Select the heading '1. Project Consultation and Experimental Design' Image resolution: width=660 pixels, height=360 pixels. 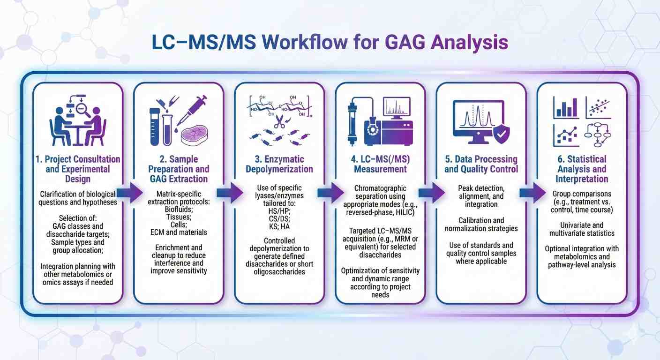pyautogui.click(x=78, y=169)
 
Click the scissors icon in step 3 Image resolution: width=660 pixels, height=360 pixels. pyautogui.click(x=280, y=123)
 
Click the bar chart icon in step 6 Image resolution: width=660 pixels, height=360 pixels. pyautogui.click(x=566, y=107)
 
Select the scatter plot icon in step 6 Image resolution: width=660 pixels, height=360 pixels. pyautogui.click(x=598, y=107)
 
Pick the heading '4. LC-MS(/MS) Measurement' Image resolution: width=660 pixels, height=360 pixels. pyautogui.click(x=380, y=164)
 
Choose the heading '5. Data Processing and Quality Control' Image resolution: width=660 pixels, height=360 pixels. pyautogui.click(x=481, y=164)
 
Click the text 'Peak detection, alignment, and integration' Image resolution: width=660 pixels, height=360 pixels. pyautogui.click(x=481, y=196)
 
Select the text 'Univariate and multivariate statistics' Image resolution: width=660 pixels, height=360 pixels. pyautogui.click(x=582, y=229)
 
